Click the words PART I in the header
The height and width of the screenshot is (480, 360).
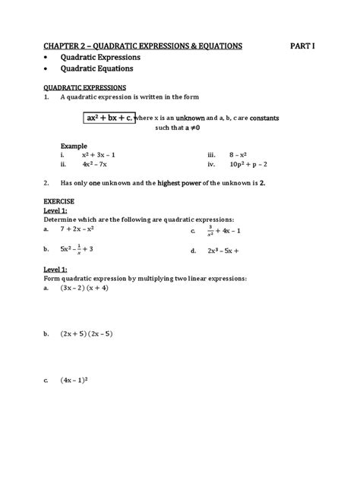302,46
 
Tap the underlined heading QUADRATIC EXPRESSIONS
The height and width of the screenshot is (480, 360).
85,88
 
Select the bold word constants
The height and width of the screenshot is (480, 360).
268,119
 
